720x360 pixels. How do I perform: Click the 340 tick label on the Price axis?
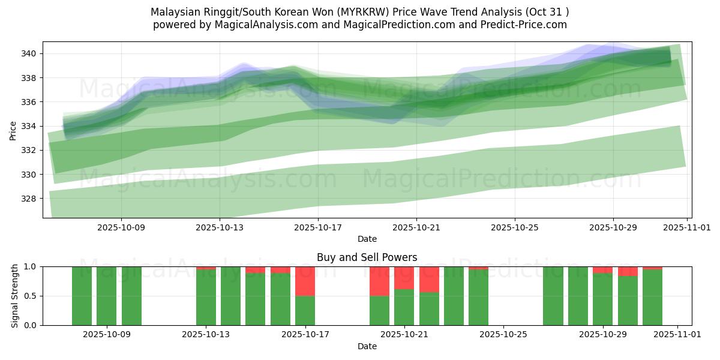tap(29, 54)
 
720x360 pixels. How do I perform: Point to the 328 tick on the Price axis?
tap(29, 199)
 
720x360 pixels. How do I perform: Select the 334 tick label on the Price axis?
tap(29, 126)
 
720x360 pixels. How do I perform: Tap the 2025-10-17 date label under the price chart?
tap(318, 227)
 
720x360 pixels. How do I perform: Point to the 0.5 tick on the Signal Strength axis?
tap(31, 296)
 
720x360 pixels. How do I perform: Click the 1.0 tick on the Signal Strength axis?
tap(31, 266)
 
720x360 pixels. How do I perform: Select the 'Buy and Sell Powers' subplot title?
tap(367, 257)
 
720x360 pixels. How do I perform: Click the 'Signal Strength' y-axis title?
tap(15, 296)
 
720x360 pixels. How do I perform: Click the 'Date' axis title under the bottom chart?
tap(367, 346)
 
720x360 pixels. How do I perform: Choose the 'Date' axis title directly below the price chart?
tap(367, 239)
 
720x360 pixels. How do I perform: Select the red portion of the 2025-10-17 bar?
tap(305, 281)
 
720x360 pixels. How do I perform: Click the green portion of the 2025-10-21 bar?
tap(404, 307)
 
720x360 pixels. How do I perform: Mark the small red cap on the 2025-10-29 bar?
tap(603, 270)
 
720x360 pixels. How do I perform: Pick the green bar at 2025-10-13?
tap(206, 298)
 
